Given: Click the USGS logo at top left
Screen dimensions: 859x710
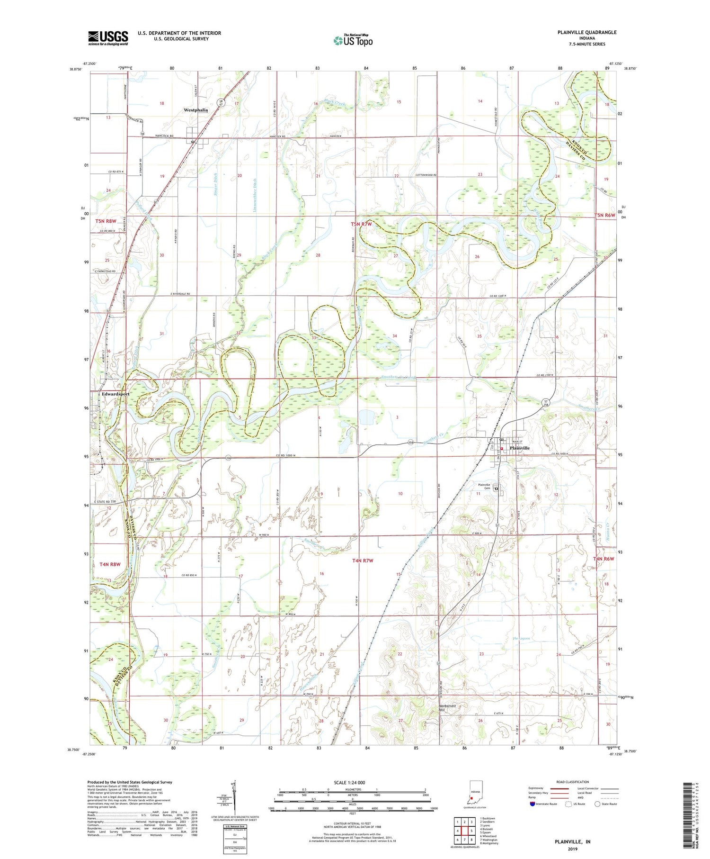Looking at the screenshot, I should point(108,38).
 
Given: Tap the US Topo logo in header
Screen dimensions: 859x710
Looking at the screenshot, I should point(353,41).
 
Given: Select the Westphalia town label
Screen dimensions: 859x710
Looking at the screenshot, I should point(195,110).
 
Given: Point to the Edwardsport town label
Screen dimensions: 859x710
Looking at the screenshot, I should point(115,394).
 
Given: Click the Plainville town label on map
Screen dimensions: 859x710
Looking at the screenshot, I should point(519,448).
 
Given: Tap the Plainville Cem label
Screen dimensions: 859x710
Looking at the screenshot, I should point(483,487).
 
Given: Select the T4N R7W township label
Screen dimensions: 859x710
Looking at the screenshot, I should point(363,561).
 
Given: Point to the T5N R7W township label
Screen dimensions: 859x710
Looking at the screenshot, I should point(362,224).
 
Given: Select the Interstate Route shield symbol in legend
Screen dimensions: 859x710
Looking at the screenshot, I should point(533,804).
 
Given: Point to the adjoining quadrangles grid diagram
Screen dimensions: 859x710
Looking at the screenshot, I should point(464,827).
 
